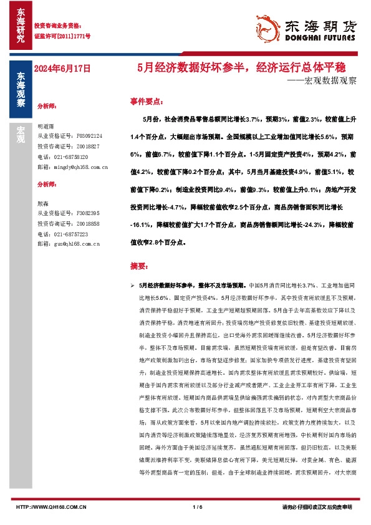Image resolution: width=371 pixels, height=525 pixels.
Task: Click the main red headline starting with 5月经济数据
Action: tap(237, 67)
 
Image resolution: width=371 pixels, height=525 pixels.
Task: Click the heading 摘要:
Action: tap(139, 266)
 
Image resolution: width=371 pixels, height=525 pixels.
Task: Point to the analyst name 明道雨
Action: tap(47, 125)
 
